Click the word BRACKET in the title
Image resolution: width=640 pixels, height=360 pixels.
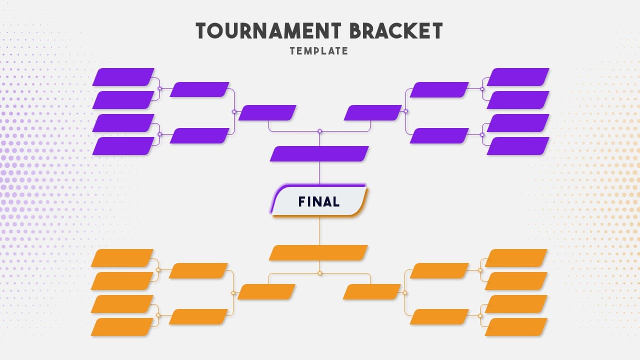[x=396, y=31]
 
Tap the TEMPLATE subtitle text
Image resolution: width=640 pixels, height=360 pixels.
[x=319, y=51]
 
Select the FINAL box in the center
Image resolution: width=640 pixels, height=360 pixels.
[x=319, y=201]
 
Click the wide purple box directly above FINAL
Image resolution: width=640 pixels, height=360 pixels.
[x=319, y=154]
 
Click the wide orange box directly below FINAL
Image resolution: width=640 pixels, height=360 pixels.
[x=318, y=253]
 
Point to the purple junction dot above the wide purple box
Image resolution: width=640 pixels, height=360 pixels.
[x=319, y=131]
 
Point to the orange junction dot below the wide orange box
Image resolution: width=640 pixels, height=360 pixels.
[x=319, y=273]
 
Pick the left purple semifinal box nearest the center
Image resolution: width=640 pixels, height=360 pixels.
[x=267, y=113]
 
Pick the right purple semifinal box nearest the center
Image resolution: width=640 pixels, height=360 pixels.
[x=372, y=113]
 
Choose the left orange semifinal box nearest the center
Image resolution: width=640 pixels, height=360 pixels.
[x=266, y=292]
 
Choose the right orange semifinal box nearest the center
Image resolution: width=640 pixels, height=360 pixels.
[x=372, y=292]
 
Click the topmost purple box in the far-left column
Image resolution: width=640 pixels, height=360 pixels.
[x=123, y=77]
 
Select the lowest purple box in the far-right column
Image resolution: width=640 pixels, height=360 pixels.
[x=518, y=146]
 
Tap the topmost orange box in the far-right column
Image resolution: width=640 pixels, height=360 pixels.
[x=516, y=258]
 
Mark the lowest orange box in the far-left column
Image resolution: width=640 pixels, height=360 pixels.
[x=122, y=327]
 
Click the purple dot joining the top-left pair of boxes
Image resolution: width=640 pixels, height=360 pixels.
[x=159, y=88]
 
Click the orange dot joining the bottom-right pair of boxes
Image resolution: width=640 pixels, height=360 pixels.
[x=480, y=315]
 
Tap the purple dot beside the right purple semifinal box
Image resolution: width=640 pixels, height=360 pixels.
[x=405, y=111]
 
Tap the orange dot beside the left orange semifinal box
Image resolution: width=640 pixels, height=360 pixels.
[x=233, y=293]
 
